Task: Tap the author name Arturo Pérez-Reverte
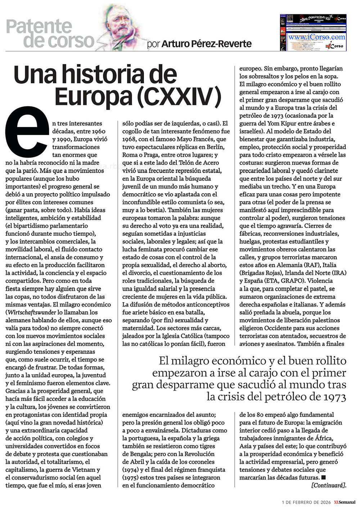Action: [206, 44]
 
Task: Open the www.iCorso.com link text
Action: [316, 37]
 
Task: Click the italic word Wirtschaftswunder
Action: [32, 312]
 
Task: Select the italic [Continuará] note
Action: [328, 485]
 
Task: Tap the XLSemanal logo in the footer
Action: [345, 502]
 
